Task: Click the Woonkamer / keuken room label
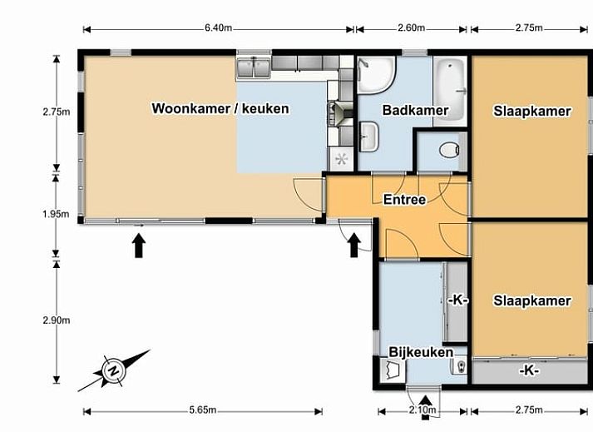click(220, 109)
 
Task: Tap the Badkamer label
click(415, 110)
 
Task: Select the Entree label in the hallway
click(405, 200)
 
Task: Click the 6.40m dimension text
click(218, 28)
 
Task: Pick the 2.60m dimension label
click(411, 27)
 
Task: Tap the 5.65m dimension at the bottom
click(203, 410)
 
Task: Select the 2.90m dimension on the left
click(57, 320)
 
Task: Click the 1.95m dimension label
click(56, 214)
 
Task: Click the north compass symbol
click(113, 370)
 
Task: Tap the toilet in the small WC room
click(450, 150)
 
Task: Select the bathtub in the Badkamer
click(450, 92)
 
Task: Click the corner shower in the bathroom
click(376, 75)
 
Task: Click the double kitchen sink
click(254, 68)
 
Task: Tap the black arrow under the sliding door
click(139, 246)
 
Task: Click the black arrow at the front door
click(354, 245)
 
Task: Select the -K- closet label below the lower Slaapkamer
click(529, 370)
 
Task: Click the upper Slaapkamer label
click(532, 112)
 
